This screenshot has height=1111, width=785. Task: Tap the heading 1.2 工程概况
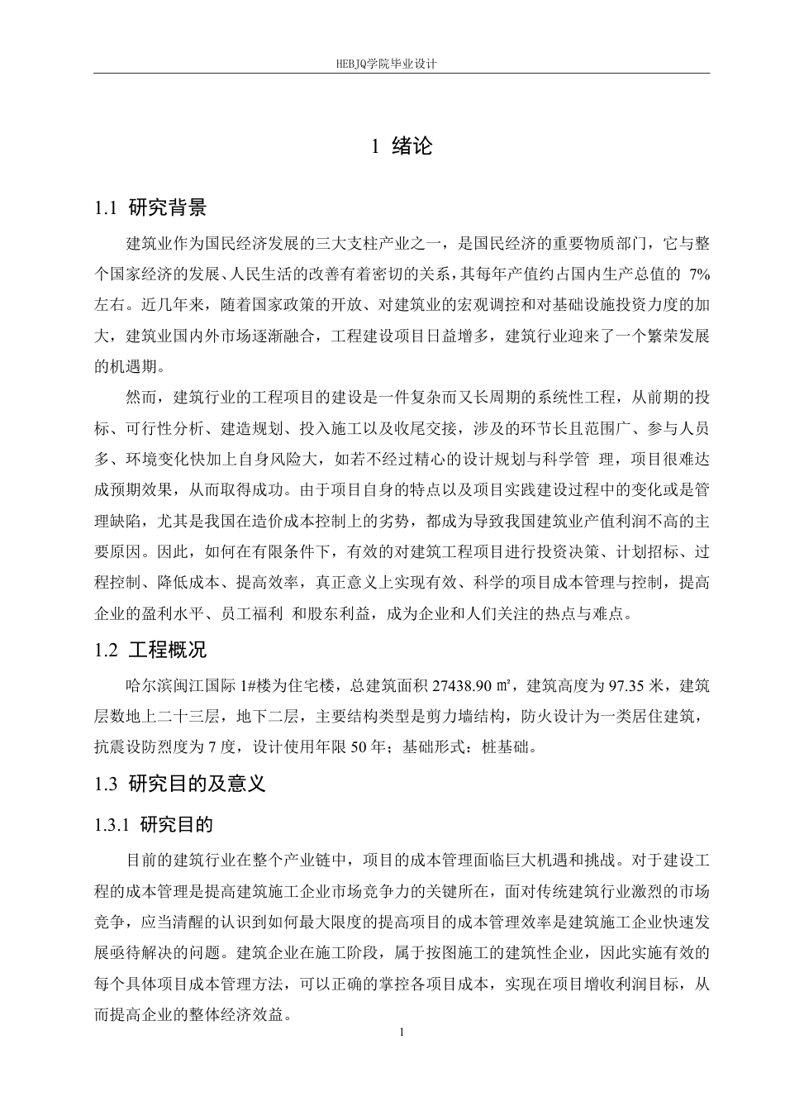[150, 650]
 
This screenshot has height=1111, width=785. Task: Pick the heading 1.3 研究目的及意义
[180, 784]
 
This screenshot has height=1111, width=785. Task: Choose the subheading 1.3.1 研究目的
[154, 824]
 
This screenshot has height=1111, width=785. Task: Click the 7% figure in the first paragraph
[698, 273]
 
